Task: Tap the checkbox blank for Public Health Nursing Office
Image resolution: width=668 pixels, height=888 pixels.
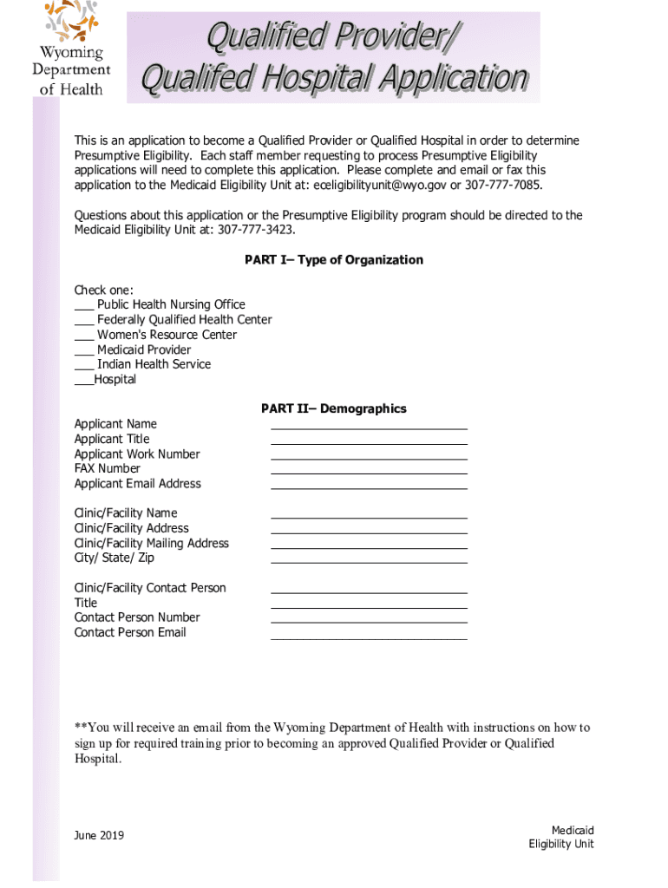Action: coord(84,305)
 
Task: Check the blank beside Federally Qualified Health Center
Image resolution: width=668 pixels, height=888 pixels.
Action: coord(84,320)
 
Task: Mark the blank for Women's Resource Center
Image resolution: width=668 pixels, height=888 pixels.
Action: coord(84,335)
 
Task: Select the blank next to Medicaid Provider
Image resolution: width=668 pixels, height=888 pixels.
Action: coord(84,350)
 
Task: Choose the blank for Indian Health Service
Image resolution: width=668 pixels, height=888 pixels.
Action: coord(84,365)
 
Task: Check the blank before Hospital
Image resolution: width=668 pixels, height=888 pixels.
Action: coord(83,380)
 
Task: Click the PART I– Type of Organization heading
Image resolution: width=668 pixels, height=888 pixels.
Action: coord(334,260)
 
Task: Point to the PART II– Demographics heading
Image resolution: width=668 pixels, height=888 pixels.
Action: coord(334,408)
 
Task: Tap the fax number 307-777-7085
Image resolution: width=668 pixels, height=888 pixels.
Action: coord(505,186)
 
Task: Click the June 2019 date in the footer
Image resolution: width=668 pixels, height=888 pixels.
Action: coord(99,835)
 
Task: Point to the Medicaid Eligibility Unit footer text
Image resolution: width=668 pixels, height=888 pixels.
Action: coord(561,838)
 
